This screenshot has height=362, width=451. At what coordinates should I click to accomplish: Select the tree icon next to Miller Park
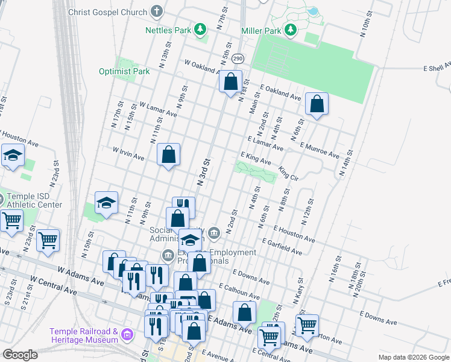coord(291,30)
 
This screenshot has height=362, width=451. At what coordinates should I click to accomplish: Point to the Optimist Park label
coord(124,71)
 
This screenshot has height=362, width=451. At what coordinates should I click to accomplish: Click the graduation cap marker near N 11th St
coord(107,203)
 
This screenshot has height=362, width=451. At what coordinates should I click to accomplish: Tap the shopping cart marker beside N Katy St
coord(307,326)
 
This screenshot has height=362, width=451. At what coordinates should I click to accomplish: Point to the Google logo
coord(20,355)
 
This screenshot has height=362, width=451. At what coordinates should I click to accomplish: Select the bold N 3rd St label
coord(203,172)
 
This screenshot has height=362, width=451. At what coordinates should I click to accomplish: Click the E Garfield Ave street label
coord(282,245)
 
